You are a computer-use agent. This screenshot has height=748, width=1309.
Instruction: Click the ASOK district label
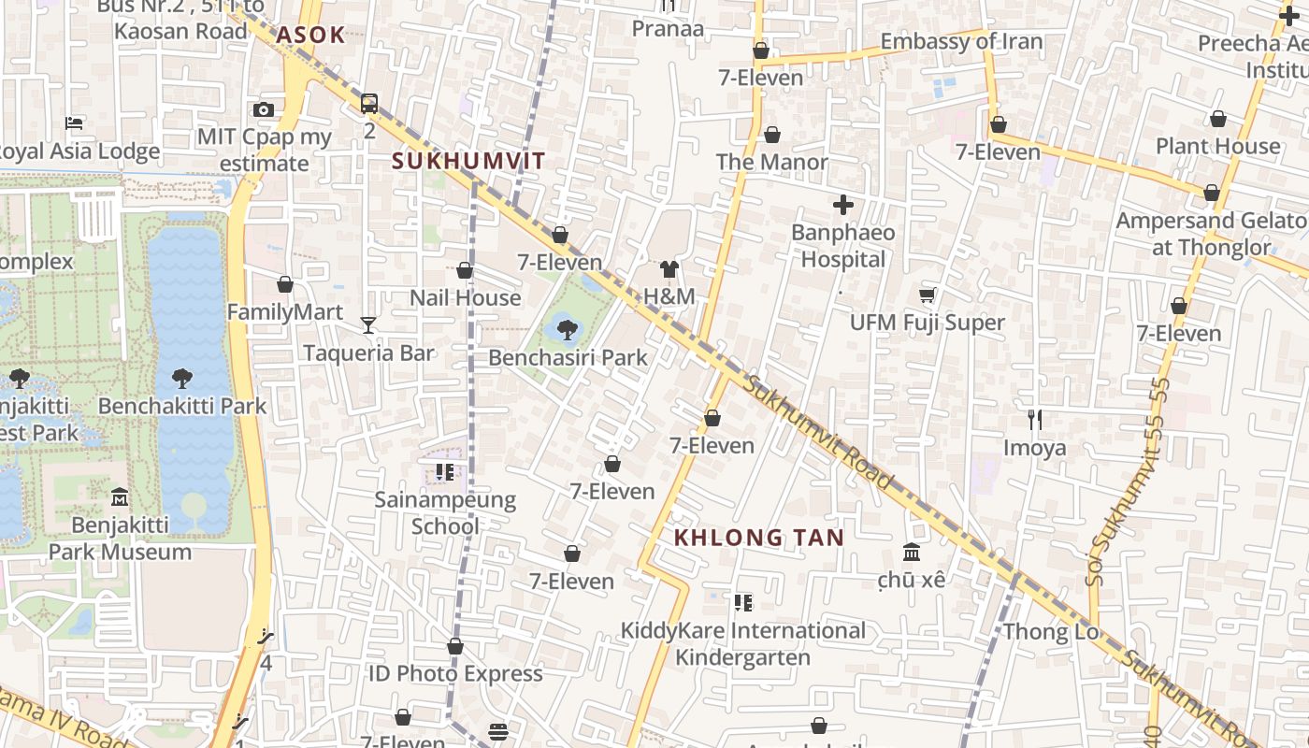point(310,36)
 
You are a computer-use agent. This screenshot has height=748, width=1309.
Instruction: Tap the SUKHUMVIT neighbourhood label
point(468,161)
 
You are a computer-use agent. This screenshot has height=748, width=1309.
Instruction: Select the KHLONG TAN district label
point(759,538)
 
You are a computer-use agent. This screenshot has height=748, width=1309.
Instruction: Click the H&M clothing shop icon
point(669,270)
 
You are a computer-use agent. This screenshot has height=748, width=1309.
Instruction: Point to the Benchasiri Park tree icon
point(567,329)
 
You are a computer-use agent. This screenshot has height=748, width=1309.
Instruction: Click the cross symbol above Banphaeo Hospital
point(842,205)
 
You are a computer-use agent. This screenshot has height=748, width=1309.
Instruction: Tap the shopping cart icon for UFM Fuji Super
point(927,295)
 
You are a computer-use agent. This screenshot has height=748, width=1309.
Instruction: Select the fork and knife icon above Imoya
point(1034,420)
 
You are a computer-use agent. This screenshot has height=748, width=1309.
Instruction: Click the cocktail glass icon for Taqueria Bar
point(368,325)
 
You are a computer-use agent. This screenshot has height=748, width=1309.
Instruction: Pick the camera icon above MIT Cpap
point(264,109)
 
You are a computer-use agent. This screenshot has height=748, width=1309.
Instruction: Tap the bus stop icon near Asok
point(369,103)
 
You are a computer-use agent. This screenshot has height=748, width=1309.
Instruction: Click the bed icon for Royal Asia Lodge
point(74,123)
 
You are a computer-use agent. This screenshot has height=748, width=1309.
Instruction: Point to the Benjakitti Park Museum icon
point(119,496)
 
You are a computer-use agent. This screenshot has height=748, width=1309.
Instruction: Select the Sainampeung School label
point(445,512)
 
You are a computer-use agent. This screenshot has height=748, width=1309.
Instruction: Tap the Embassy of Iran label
point(961,41)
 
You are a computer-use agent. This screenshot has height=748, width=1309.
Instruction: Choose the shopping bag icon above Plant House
point(1217,119)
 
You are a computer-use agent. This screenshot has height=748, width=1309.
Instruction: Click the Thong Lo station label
point(1051,632)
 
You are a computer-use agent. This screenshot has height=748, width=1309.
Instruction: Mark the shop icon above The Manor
point(771,135)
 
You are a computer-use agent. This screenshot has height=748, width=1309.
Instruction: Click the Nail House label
point(465,297)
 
